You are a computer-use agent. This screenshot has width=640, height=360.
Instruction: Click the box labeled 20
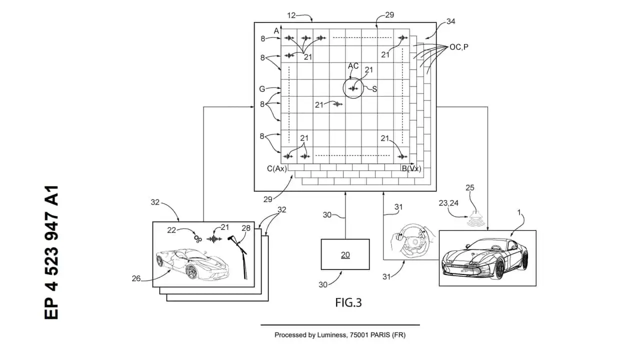click(345, 255)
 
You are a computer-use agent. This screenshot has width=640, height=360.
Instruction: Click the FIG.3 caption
click(348, 302)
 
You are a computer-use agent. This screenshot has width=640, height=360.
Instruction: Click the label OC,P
click(459, 47)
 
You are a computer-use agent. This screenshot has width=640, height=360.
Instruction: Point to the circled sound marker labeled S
click(354, 89)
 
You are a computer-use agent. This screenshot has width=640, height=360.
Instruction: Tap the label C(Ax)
click(277, 169)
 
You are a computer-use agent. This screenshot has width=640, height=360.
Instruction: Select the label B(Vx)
click(411, 169)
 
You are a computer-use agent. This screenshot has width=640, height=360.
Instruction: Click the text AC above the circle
click(353, 66)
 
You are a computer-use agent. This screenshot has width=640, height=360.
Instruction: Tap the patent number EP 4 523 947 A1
click(51, 252)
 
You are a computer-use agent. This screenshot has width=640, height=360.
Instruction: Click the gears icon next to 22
click(198, 238)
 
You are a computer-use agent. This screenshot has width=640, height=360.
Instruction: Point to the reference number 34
click(450, 21)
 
